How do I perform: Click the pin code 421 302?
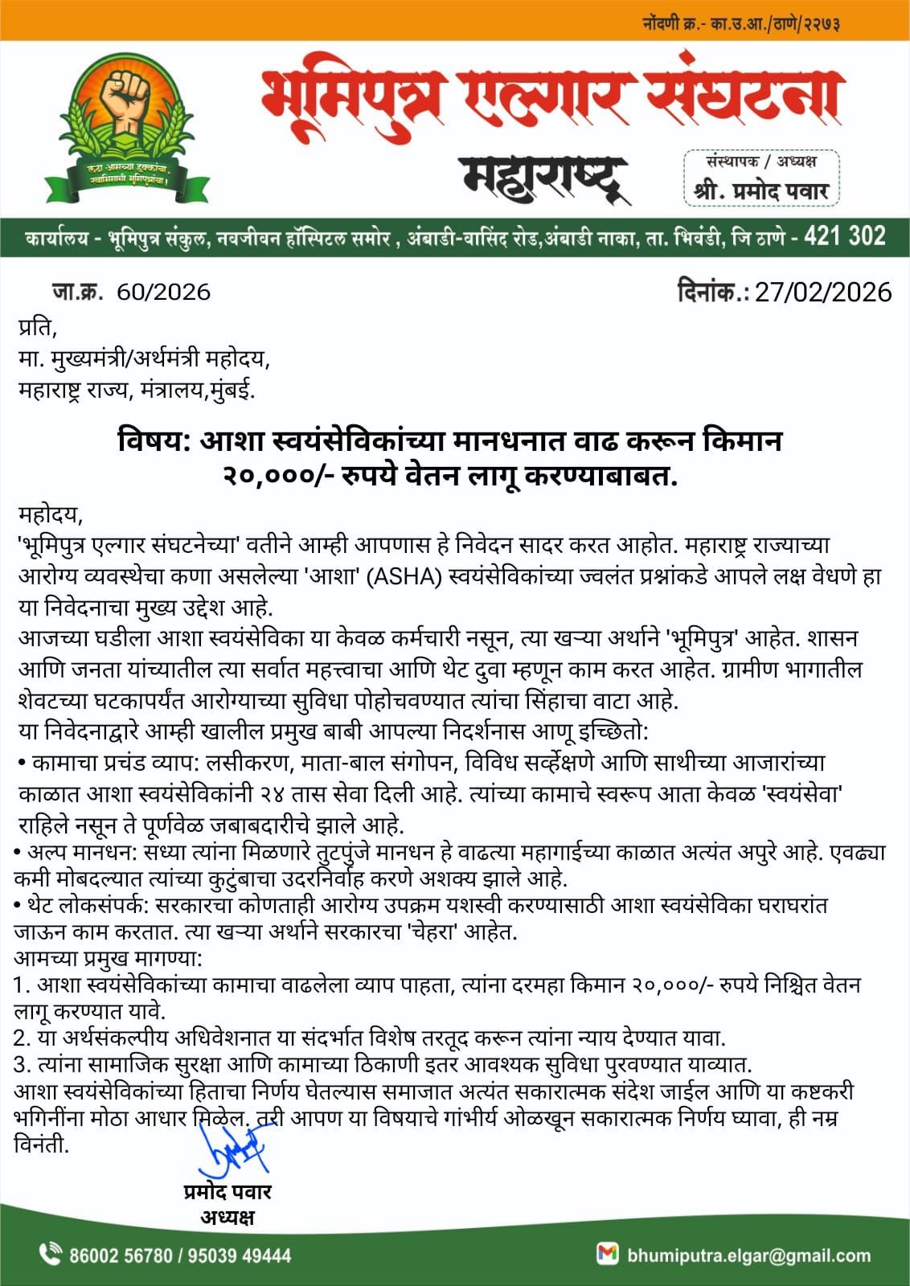point(844,236)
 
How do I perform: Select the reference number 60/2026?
point(163,292)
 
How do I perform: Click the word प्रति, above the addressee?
point(38,328)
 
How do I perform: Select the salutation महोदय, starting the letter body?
point(50,513)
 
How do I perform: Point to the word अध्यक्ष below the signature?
point(227,1217)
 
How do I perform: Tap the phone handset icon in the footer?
point(50,1254)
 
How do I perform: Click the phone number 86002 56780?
point(121,1255)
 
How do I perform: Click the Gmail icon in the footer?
point(607,1254)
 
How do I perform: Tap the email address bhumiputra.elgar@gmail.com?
point(749,1255)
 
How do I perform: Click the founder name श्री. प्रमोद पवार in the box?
point(760,192)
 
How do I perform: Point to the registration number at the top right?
point(741,23)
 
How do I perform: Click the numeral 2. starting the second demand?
point(22,1038)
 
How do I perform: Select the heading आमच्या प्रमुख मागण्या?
point(109,958)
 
